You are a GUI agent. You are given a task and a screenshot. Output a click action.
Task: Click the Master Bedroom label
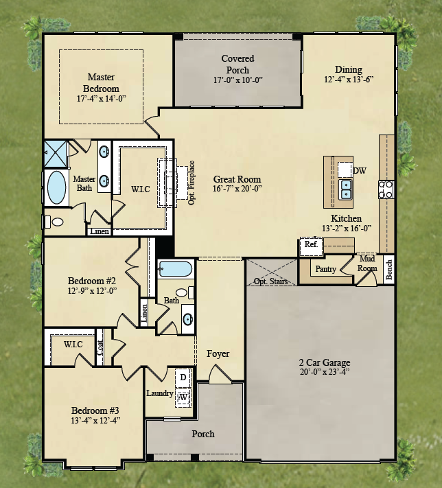[101, 82]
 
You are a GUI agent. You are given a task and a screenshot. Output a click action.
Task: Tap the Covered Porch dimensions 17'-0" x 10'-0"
[237, 80]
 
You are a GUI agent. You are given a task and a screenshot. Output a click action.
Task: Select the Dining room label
[348, 69]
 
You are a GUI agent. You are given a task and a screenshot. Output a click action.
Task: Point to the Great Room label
[237, 179]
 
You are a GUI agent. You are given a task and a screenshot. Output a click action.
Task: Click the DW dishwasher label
[360, 170]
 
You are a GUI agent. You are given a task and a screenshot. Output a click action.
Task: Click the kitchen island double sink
[345, 189]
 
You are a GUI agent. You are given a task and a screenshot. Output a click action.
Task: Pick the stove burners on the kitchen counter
[386, 189]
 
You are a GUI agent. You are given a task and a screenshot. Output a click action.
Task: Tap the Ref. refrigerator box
[311, 246]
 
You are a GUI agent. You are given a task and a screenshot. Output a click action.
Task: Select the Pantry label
[325, 269]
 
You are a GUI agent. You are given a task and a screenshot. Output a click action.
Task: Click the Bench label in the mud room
[388, 270]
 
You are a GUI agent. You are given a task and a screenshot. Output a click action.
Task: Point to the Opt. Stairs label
[270, 281]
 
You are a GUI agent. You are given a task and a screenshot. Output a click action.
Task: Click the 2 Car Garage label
[325, 362]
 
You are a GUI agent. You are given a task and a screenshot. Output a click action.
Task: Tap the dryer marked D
[183, 377]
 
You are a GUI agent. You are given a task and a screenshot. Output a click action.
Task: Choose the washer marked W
[183, 397]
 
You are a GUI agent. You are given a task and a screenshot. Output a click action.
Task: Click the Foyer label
[218, 354]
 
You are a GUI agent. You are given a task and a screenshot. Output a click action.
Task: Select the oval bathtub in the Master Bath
[57, 187]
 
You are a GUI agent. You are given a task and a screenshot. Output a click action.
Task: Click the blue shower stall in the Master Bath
[56, 154]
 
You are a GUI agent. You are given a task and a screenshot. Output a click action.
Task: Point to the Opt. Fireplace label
[191, 183]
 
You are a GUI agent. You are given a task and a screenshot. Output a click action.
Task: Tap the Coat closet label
[100, 347]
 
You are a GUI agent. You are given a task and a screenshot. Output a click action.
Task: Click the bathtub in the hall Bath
[175, 268]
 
